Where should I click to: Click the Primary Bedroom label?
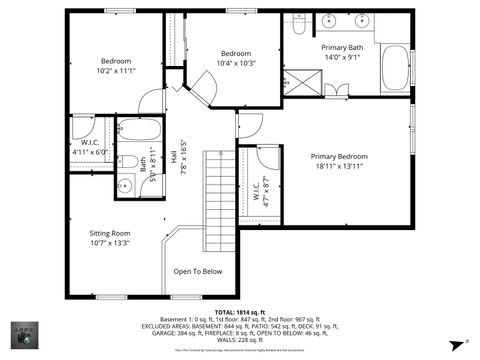coord(338,157)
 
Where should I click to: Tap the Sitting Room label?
coord(110,233)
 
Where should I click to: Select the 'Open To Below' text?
coord(198,271)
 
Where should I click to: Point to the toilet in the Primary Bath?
coord(298,29)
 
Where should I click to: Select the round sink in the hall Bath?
coord(126,185)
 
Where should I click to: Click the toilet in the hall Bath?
coord(127,162)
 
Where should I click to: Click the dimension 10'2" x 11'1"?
coord(116,71)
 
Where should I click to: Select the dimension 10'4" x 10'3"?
coord(236,63)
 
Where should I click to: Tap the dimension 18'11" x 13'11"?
coord(339,167)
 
